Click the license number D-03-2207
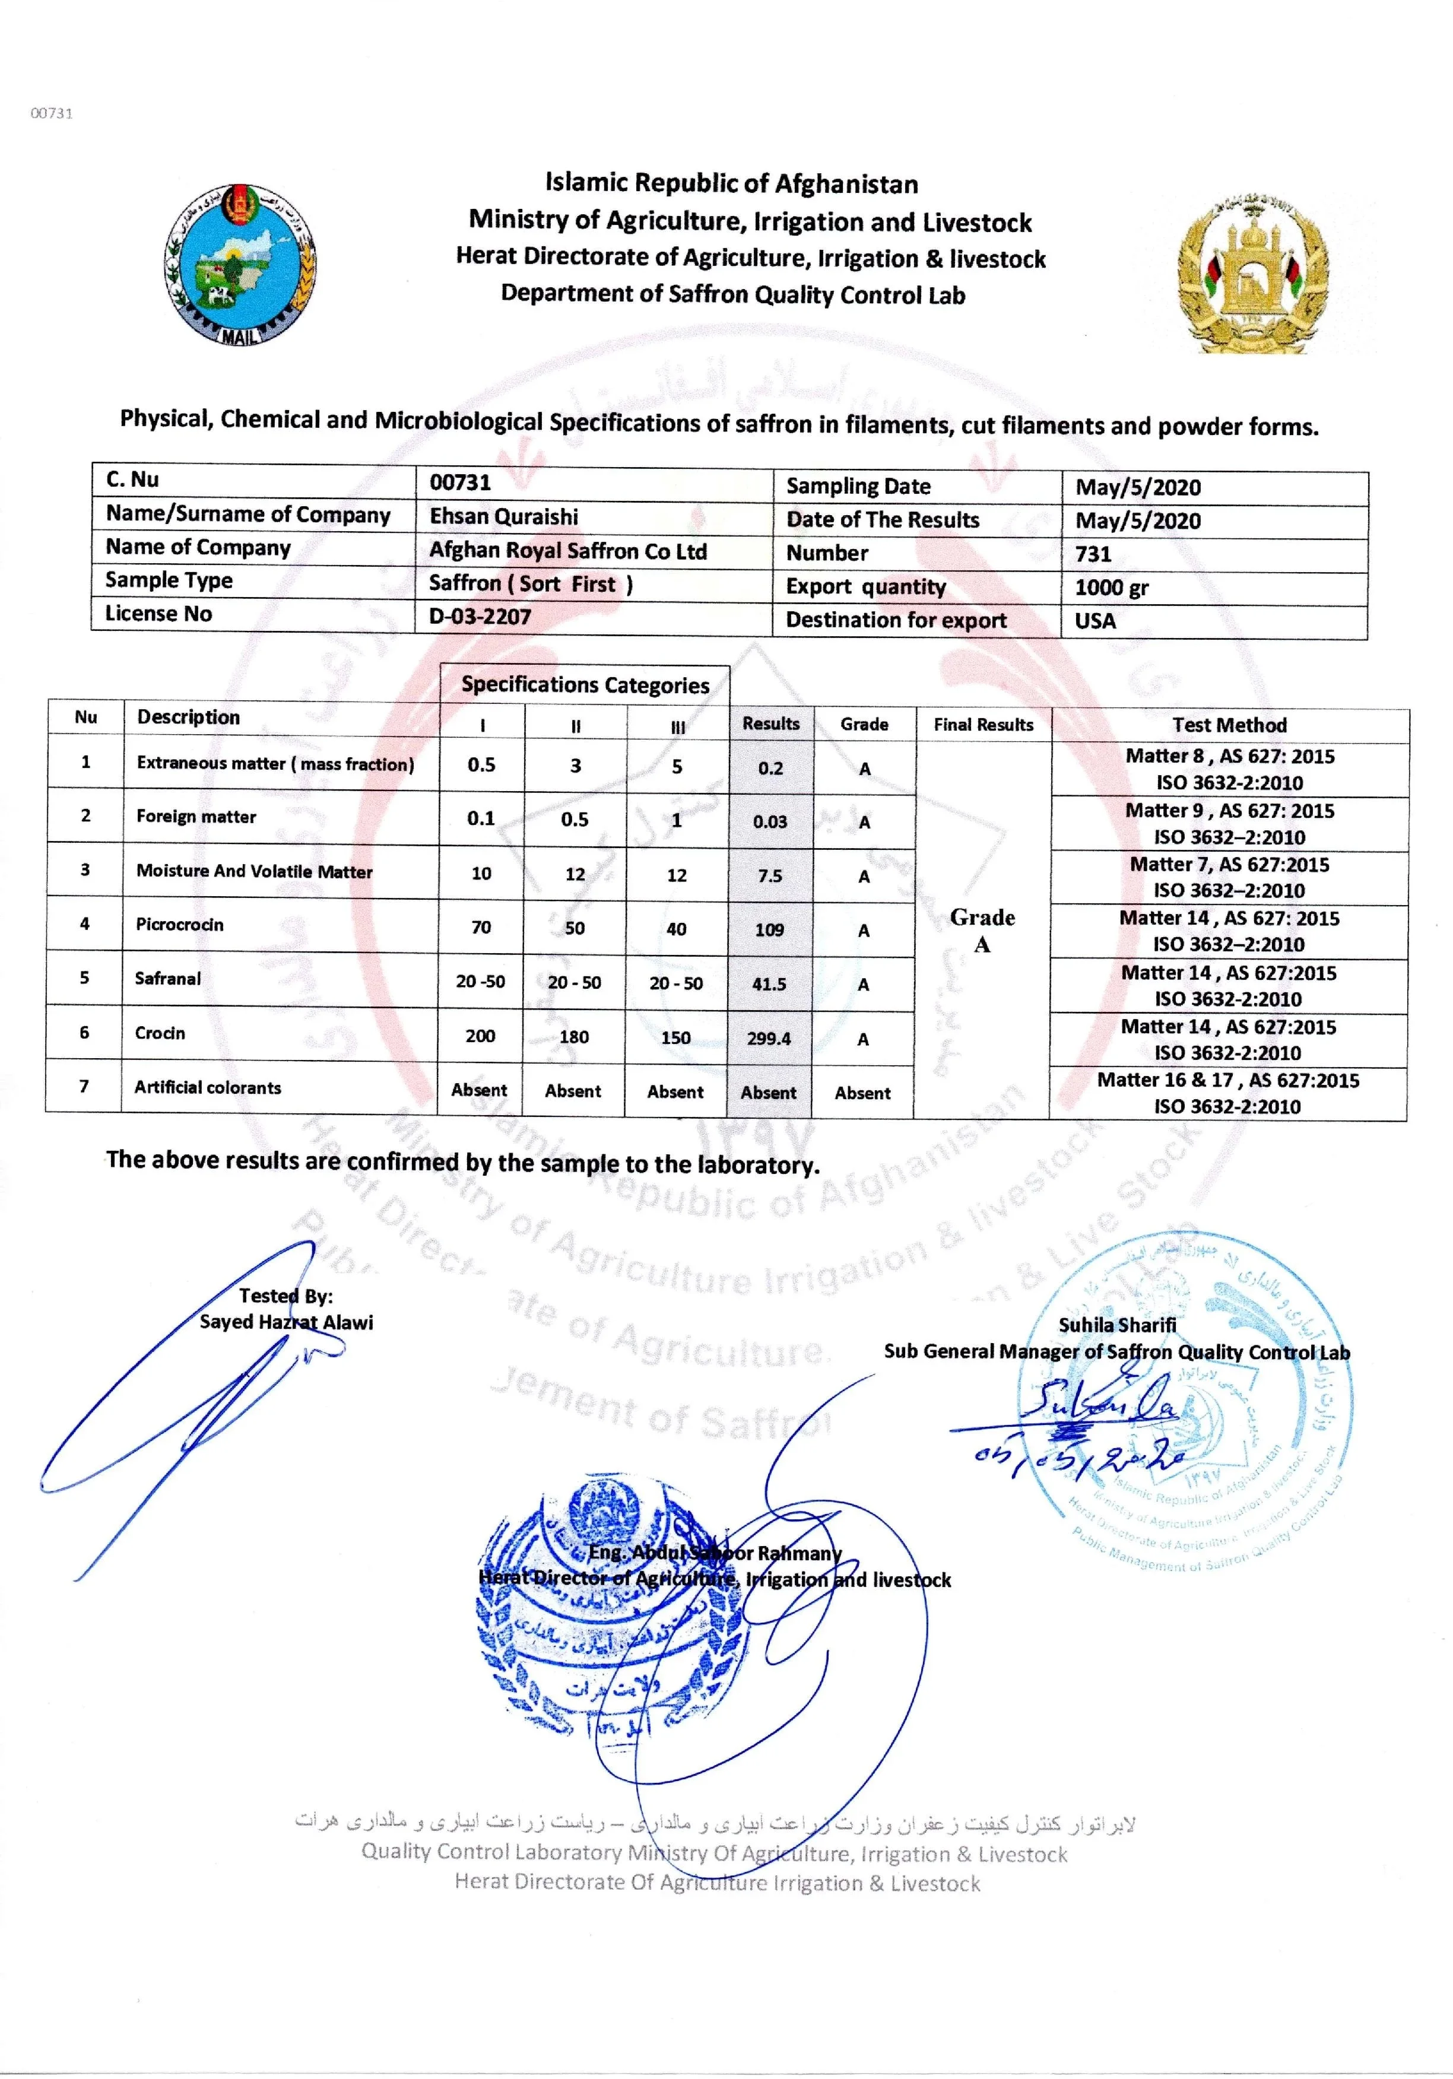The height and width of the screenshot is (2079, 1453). [480, 617]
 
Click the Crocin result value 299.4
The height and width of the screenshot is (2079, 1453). [769, 1039]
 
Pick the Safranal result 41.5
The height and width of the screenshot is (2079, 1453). [769, 984]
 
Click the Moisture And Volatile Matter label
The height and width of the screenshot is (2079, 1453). [255, 871]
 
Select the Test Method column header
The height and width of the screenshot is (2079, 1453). [1229, 725]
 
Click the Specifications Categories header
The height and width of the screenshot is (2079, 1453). [585, 685]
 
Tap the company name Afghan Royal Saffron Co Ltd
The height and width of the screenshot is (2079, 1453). [567, 551]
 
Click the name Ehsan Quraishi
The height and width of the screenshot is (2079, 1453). [503, 517]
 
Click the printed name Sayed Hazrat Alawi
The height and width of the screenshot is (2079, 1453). [286, 1322]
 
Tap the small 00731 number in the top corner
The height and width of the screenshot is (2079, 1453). [52, 113]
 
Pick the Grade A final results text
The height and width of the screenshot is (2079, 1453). [982, 931]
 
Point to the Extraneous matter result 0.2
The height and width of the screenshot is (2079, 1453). [770, 769]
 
